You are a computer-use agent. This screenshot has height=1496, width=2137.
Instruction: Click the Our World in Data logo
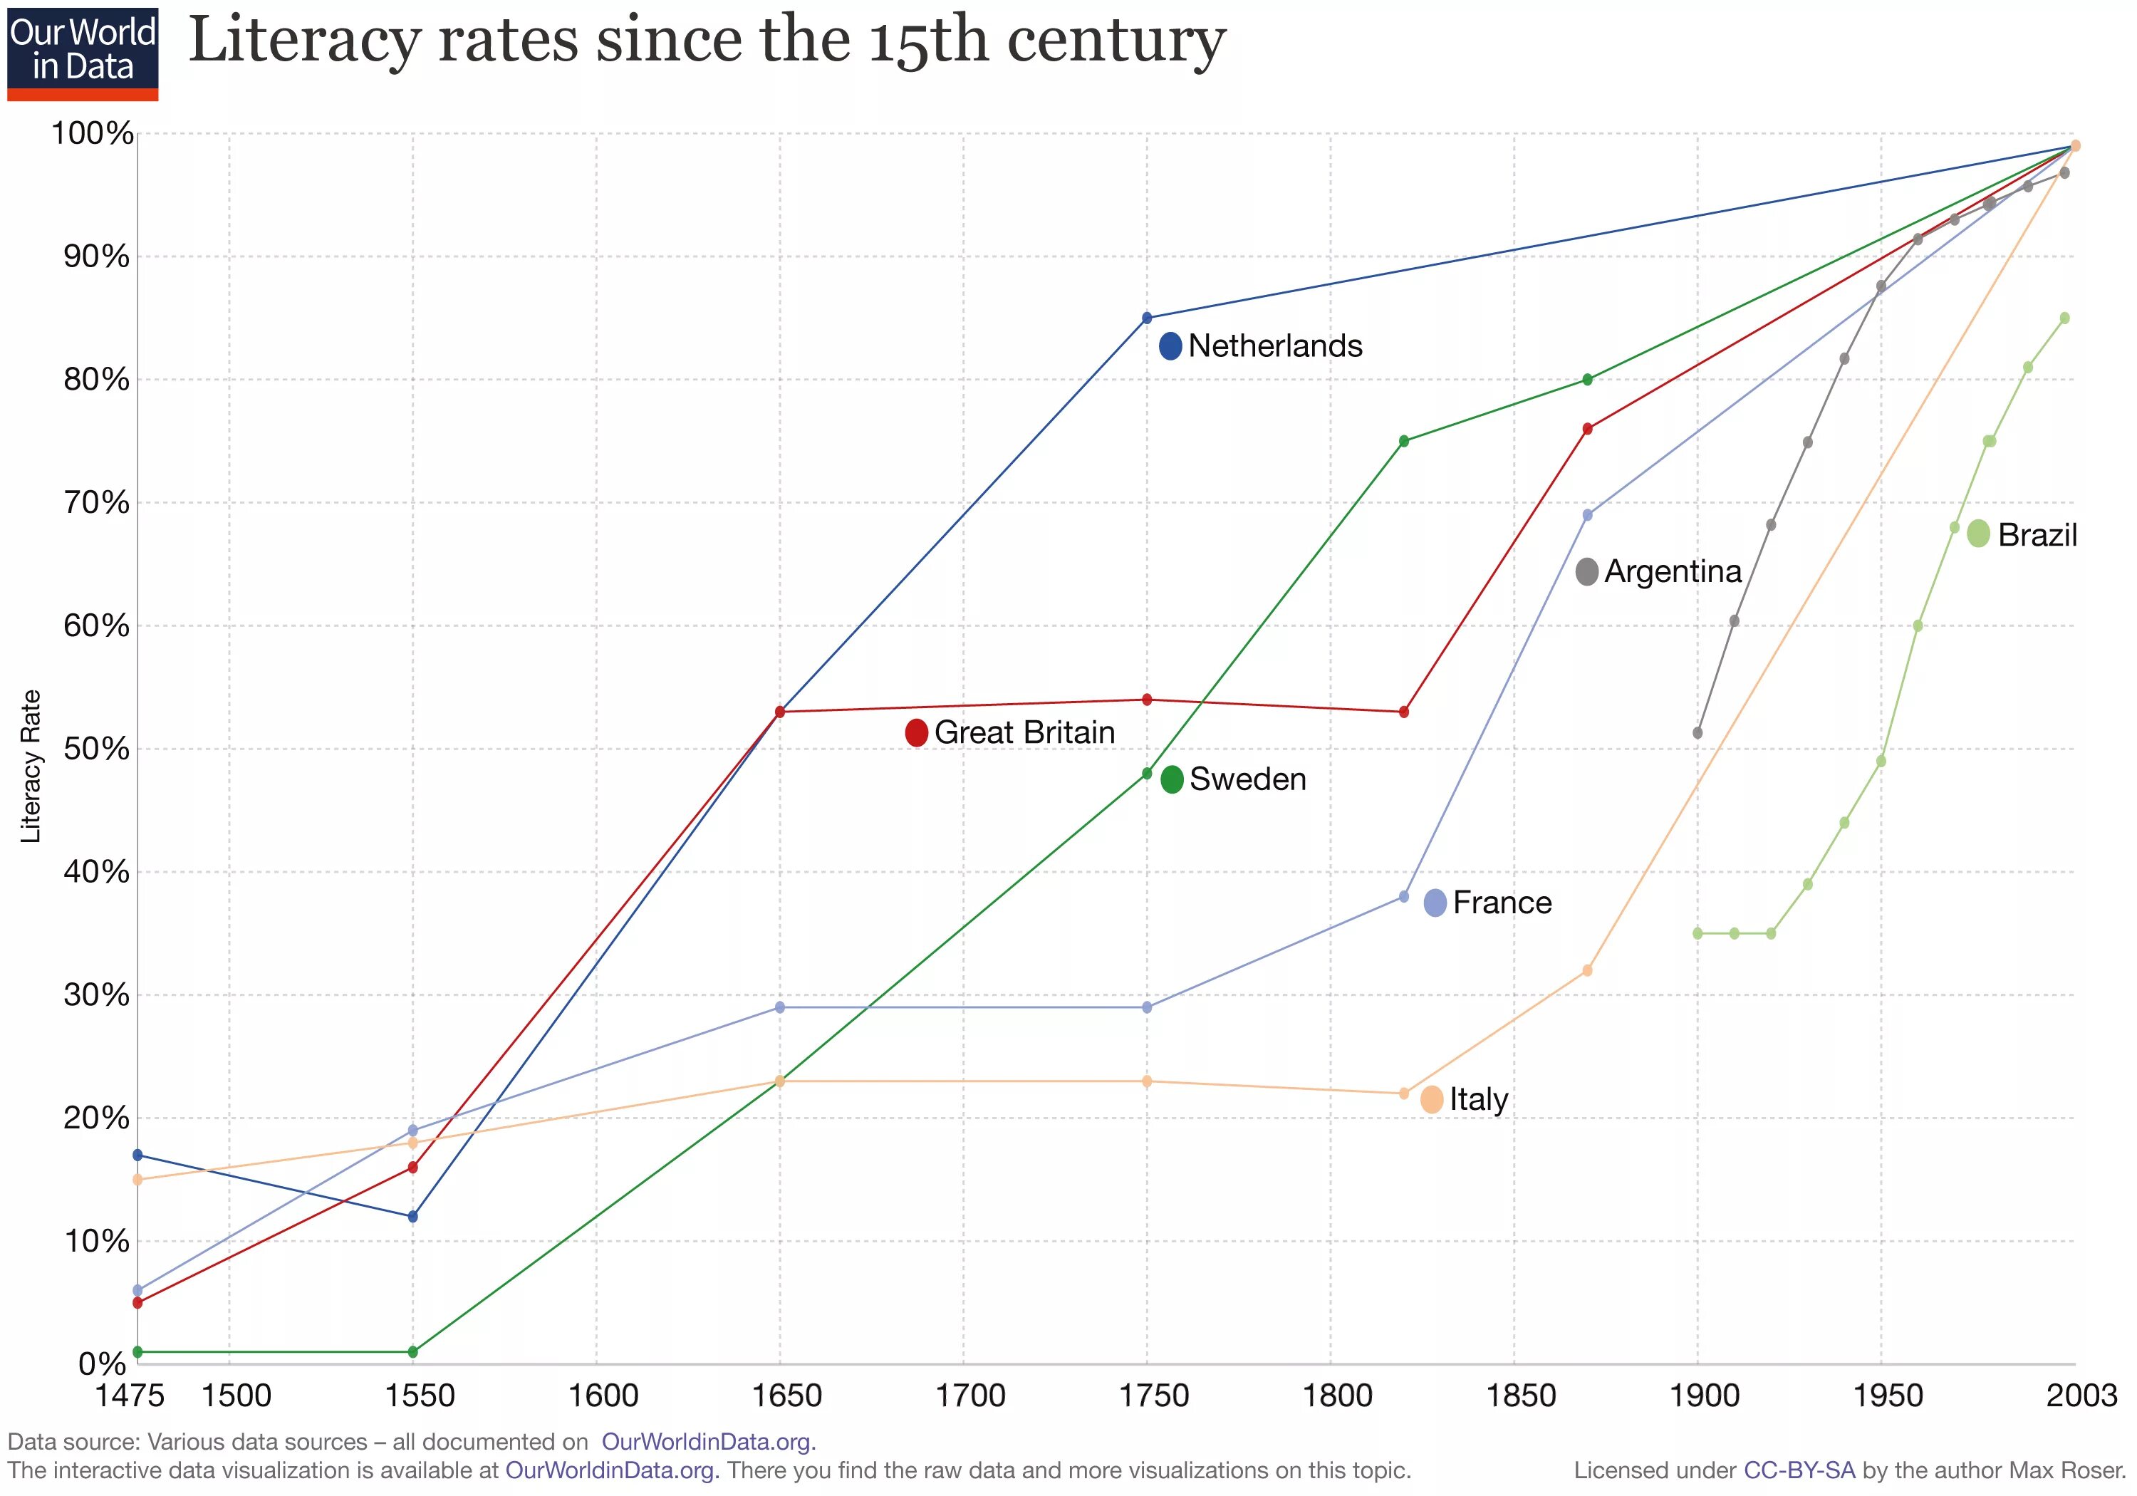[83, 53]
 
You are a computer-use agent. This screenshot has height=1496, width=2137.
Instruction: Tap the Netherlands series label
[1274, 346]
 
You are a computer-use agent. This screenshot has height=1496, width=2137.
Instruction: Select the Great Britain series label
[1024, 732]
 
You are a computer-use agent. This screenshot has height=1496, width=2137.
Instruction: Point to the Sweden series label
[1247, 779]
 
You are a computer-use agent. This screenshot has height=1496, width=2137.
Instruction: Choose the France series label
[1502, 902]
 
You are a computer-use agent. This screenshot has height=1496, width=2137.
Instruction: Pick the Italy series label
[1478, 1099]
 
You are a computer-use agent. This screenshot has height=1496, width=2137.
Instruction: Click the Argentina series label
[1672, 571]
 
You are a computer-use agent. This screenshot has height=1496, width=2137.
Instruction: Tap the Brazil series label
[2037, 535]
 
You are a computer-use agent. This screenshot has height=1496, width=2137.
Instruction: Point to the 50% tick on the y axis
[96, 749]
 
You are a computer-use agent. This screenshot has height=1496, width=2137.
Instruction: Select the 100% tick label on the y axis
[92, 133]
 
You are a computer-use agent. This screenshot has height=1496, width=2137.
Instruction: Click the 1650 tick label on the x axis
[786, 1396]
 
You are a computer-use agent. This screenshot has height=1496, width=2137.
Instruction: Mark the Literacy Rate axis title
[31, 766]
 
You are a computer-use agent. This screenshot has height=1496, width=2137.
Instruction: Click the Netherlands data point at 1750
[1147, 318]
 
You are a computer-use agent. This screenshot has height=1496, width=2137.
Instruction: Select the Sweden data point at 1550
[413, 1351]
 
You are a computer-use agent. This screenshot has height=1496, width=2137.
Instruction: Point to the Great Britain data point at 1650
[780, 712]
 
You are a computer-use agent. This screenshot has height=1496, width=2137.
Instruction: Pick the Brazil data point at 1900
[1697, 933]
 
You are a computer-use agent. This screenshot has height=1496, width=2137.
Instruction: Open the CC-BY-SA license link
[1798, 1471]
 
